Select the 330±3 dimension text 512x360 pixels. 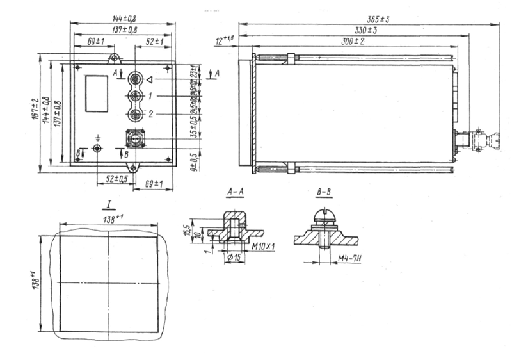tap(365, 30)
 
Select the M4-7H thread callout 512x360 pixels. tap(346, 258)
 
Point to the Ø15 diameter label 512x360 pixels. tap(235, 258)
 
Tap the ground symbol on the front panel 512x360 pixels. tap(97, 138)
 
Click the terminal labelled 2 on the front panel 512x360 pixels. tap(135, 115)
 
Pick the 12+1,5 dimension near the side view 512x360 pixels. tap(226, 40)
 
